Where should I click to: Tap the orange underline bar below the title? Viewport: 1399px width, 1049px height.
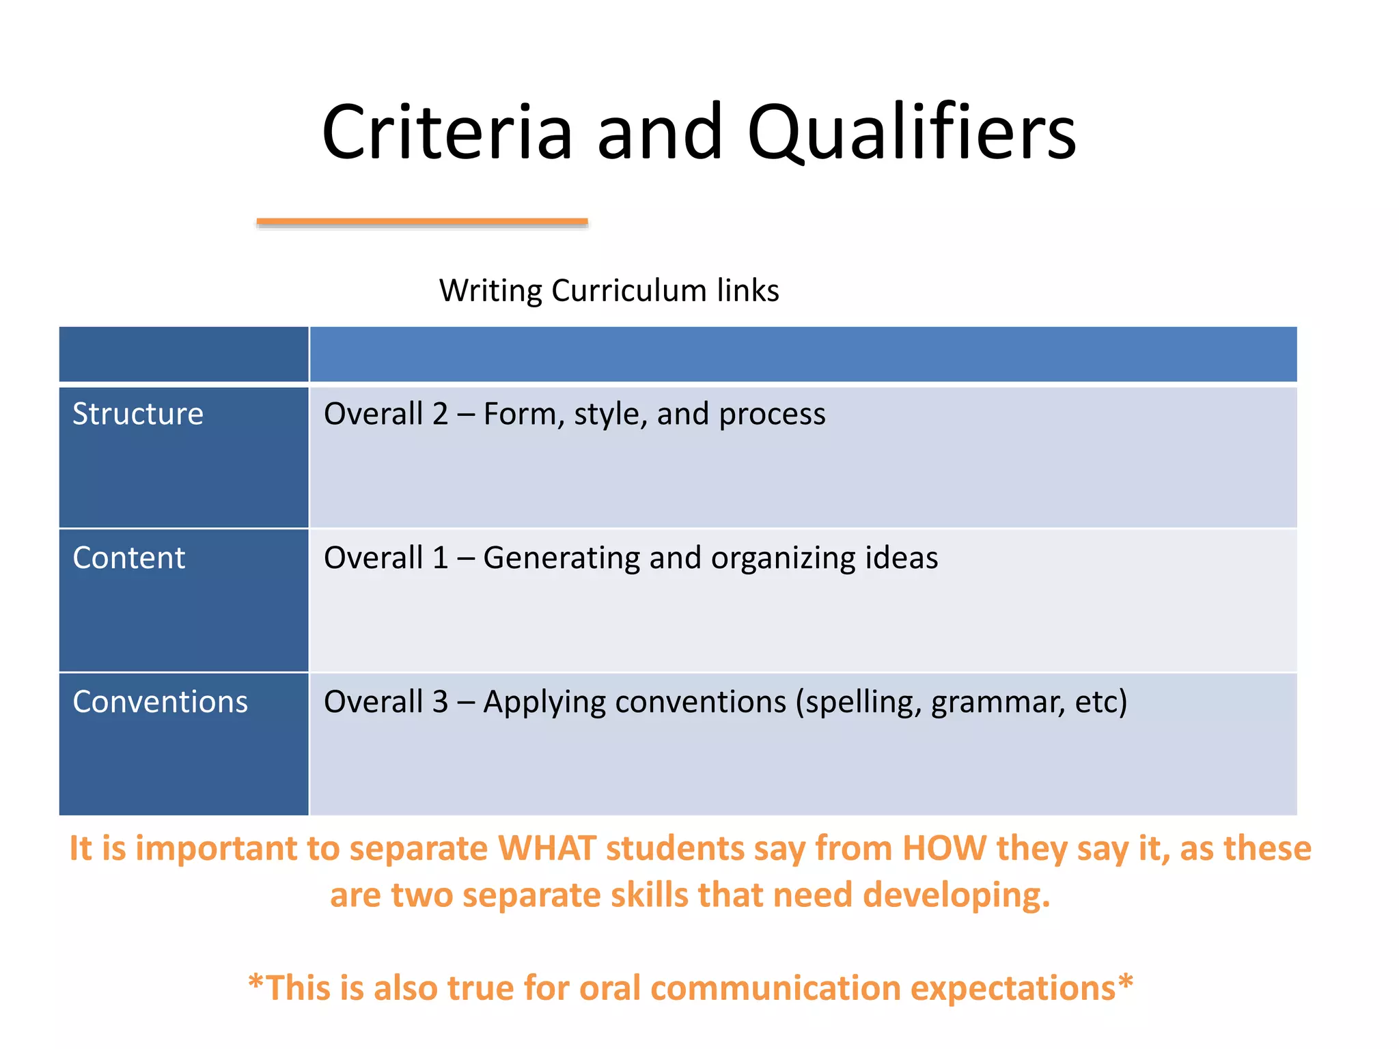coord(422,222)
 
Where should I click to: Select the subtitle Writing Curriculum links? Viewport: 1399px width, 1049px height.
coord(609,291)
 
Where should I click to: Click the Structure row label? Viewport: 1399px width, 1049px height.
coord(138,415)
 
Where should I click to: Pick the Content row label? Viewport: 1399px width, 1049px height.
coord(129,558)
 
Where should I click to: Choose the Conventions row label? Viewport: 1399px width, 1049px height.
coord(161,702)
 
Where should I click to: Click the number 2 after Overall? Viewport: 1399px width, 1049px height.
coord(439,415)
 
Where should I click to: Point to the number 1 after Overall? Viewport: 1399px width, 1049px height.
coord(439,558)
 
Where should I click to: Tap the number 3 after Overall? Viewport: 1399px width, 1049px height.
coord(439,702)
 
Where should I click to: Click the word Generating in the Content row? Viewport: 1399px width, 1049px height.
coord(562,558)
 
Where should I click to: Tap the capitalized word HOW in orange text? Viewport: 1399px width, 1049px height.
coord(944,849)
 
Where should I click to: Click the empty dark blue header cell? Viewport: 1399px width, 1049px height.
coord(183,354)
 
